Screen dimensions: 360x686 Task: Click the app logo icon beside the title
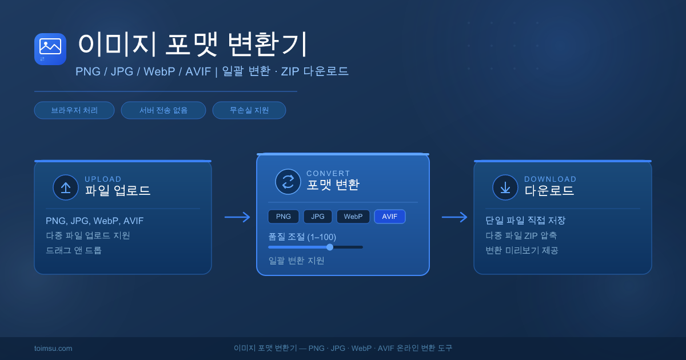pos(50,49)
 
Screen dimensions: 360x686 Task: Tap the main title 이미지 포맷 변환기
pos(193,45)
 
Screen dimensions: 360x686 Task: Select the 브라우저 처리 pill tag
pos(74,110)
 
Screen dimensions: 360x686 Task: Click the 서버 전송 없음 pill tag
pos(163,110)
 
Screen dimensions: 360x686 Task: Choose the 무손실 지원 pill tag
pos(249,110)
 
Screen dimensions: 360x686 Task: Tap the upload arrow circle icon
pos(66,187)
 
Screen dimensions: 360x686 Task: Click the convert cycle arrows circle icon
pos(288,182)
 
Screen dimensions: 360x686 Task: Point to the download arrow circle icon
pos(505,187)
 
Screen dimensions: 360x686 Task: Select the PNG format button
pos(284,217)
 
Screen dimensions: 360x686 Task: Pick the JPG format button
pos(318,217)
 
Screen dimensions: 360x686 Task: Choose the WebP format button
pos(353,217)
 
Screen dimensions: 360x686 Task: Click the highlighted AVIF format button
pos(390,217)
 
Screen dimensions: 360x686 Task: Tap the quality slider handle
pos(330,247)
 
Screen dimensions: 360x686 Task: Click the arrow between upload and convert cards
pos(237,217)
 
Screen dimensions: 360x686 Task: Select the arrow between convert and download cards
pos(454,217)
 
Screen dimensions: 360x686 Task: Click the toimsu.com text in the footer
pos(53,348)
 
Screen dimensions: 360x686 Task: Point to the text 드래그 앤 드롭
pos(74,250)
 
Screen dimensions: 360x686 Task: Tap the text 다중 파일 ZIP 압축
pos(521,235)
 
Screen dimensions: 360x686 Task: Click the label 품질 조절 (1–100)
pos(302,237)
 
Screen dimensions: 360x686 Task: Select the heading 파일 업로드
pos(118,190)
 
